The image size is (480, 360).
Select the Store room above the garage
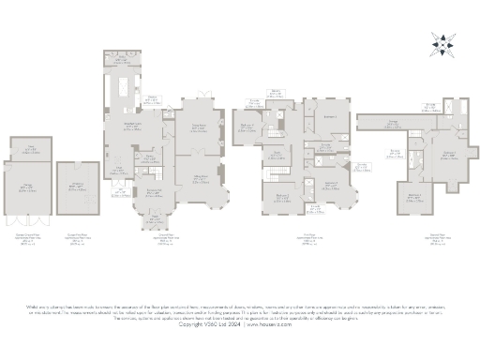(x=30, y=146)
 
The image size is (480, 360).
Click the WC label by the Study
(x=120, y=193)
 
